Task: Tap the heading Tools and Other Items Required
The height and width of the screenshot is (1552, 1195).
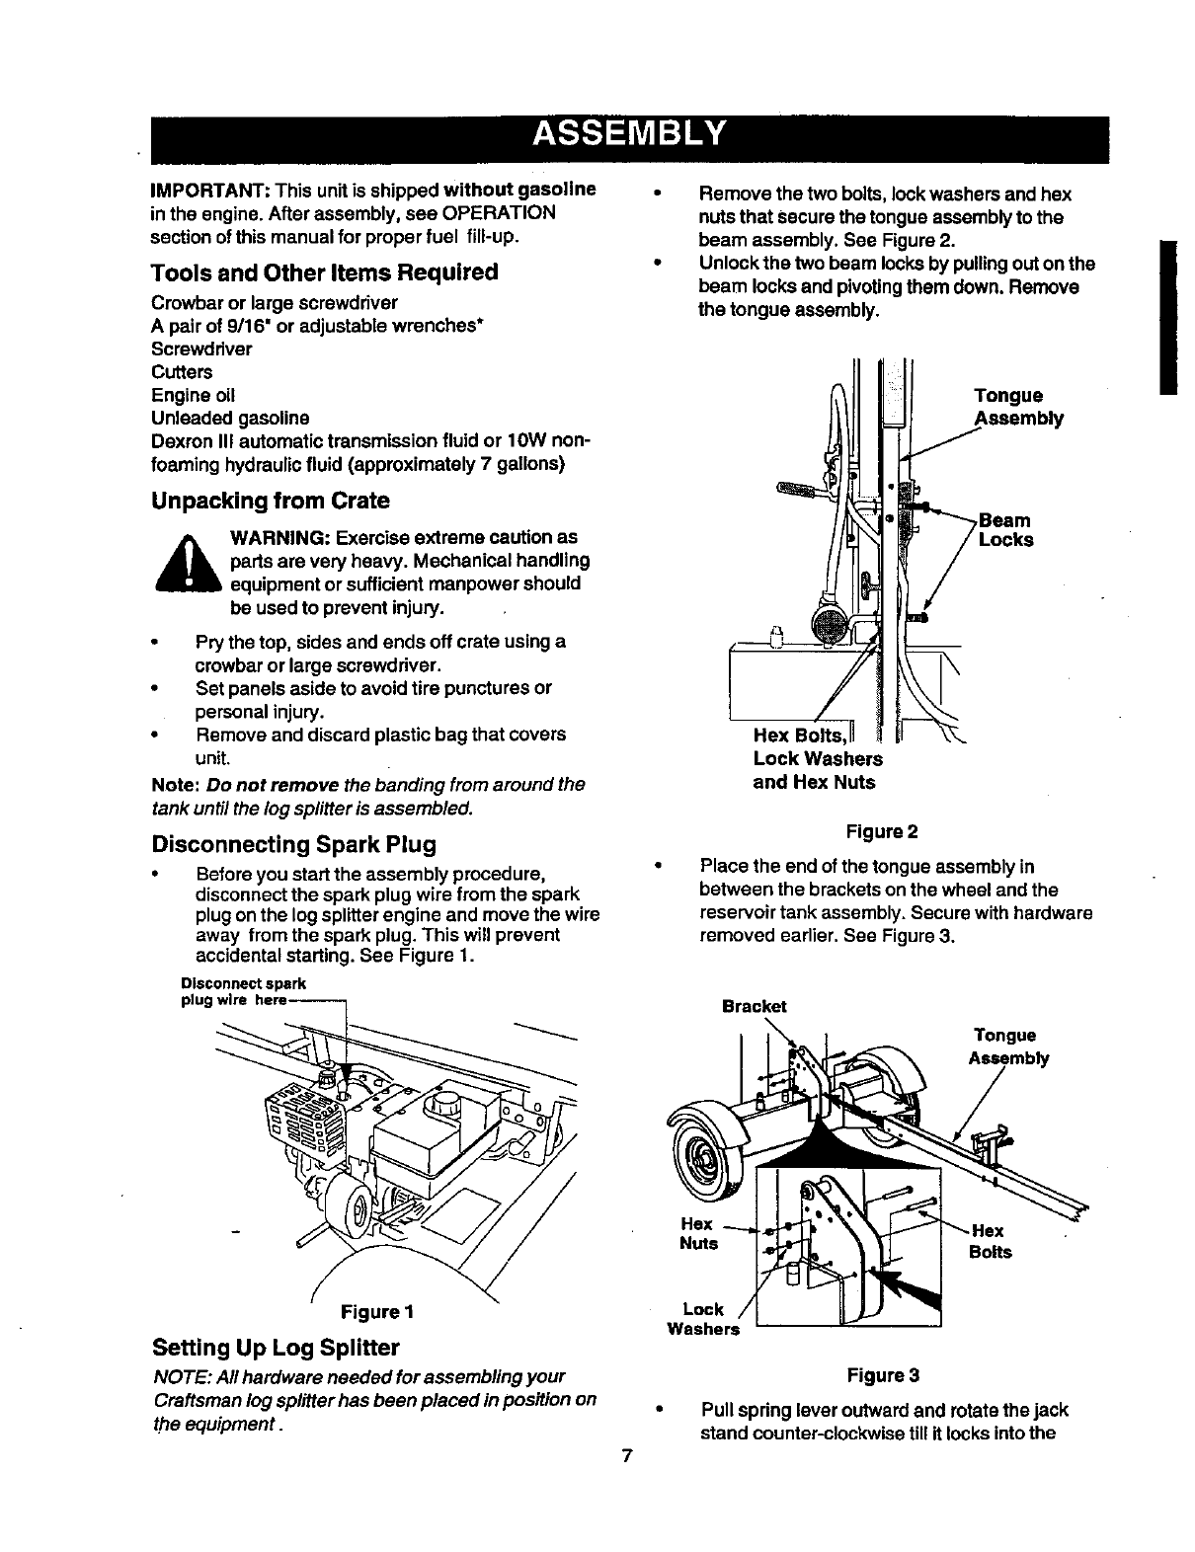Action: (x=325, y=272)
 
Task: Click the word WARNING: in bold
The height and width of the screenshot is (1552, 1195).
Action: (x=279, y=538)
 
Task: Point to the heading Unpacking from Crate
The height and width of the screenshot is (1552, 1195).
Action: (x=270, y=501)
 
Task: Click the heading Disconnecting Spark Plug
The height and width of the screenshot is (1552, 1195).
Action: (x=293, y=845)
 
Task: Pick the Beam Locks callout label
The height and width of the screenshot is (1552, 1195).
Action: (x=1005, y=530)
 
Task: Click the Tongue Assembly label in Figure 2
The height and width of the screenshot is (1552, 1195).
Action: (x=1018, y=407)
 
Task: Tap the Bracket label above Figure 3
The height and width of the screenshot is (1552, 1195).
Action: (x=755, y=1006)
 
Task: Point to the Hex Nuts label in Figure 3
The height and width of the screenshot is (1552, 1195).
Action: (x=698, y=1233)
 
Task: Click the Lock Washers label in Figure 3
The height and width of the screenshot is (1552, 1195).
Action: (x=703, y=1319)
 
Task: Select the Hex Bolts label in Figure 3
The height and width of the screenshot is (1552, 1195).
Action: (x=991, y=1241)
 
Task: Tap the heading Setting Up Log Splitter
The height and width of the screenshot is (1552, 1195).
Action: (x=276, y=1348)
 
